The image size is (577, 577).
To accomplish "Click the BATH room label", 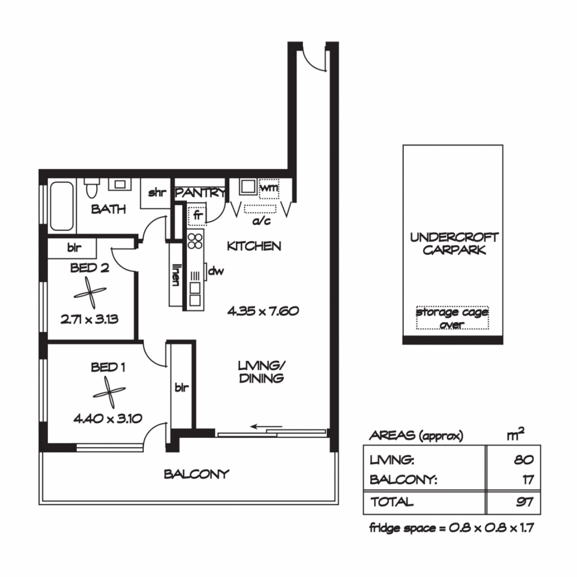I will (108, 209).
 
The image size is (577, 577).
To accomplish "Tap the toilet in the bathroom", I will (91, 188).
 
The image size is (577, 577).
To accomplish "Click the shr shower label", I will (157, 193).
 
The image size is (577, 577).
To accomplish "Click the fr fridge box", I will (197, 216).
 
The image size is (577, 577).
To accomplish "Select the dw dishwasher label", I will (215, 271).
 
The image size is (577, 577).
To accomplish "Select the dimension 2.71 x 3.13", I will (89, 320).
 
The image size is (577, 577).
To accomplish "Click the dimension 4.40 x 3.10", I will (108, 419).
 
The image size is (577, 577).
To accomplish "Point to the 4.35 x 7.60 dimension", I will (262, 311).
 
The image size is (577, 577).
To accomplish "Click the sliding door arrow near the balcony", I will (266, 426).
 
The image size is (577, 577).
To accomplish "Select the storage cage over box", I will (453, 318).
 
